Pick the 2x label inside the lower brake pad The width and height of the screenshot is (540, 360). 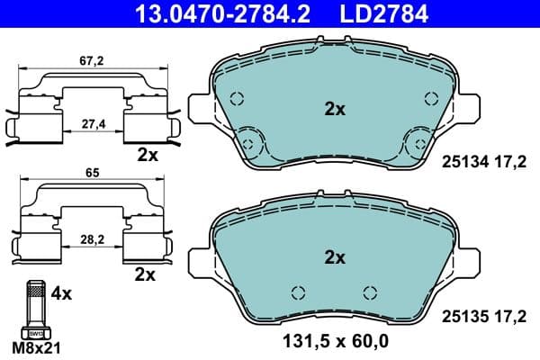[x=334, y=257]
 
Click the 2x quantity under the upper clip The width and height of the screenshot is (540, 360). [x=147, y=155]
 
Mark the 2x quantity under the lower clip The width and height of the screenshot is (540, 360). [x=144, y=273]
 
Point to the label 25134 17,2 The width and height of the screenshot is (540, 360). [x=483, y=162]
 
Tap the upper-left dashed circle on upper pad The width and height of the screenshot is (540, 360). [x=237, y=100]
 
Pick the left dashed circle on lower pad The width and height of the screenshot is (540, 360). [x=300, y=292]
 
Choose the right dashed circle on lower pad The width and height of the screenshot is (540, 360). [x=368, y=292]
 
